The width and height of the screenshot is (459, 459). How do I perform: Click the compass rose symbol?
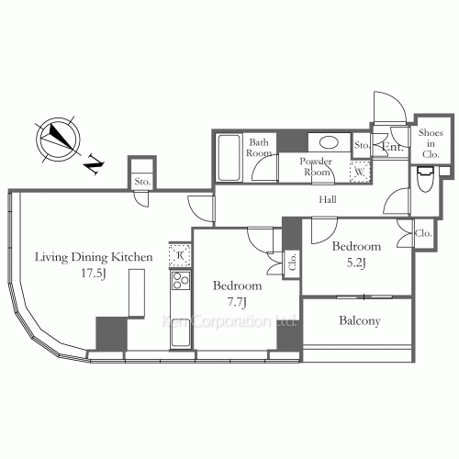pyautogui.click(x=58, y=138)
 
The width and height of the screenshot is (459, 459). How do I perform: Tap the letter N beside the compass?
pyautogui.click(x=95, y=165)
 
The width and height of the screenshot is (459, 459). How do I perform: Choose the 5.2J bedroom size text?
pyautogui.click(x=355, y=262)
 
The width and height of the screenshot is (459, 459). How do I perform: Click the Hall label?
pyautogui.click(x=326, y=199)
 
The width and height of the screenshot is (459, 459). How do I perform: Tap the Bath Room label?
pyautogui.click(x=259, y=148)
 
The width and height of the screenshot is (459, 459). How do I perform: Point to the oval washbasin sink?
pyautogui.click(x=326, y=142)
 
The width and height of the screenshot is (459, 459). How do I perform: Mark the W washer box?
pyautogui.click(x=360, y=172)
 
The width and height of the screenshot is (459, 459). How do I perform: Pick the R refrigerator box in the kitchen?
pyautogui.click(x=178, y=254)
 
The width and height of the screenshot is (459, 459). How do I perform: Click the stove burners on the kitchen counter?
pyautogui.click(x=179, y=282)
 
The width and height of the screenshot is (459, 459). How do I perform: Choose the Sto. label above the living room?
pyautogui.click(x=142, y=182)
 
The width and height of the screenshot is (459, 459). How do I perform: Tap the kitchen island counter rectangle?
pyautogui.click(x=138, y=296)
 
